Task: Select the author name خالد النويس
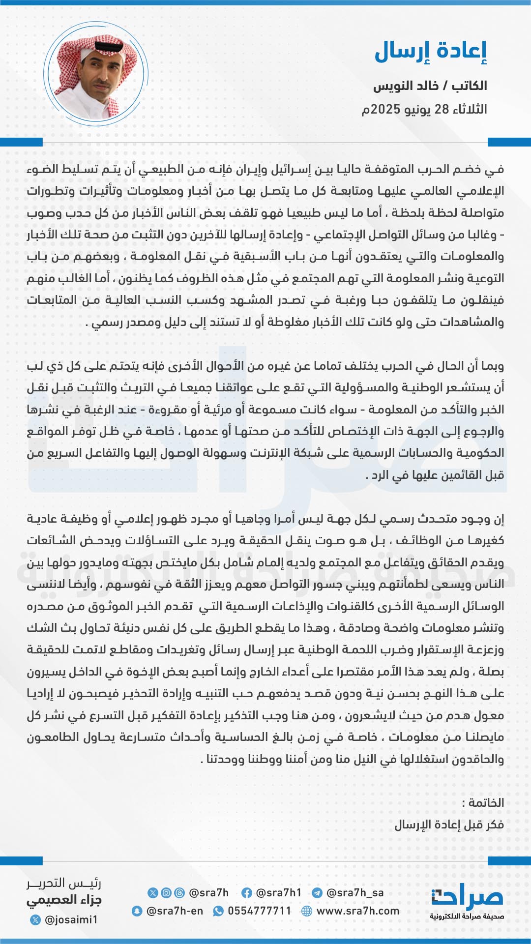click(x=406, y=86)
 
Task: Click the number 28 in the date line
click(x=442, y=109)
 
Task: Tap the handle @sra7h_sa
click(x=355, y=893)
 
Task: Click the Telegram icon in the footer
click(x=317, y=893)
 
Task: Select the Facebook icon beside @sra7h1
click(x=247, y=893)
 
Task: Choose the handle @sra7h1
click(x=279, y=893)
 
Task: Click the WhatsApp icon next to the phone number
click(x=218, y=911)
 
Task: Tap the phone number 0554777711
click(x=260, y=911)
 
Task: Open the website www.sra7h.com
click(x=358, y=911)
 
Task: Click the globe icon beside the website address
click(x=307, y=911)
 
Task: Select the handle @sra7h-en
click(x=175, y=911)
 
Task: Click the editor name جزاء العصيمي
click(x=64, y=900)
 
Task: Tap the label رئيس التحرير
click(x=64, y=884)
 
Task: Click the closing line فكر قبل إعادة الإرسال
click(x=449, y=825)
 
